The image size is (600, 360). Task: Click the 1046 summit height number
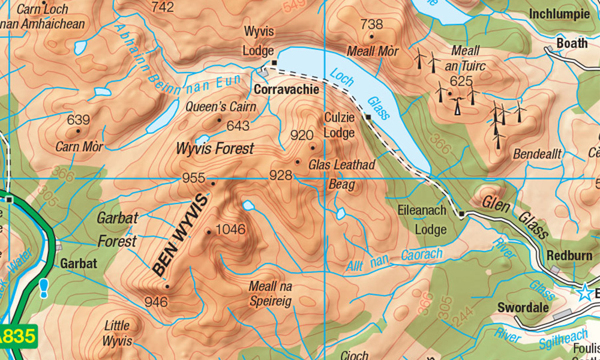pyautogui.click(x=230, y=229)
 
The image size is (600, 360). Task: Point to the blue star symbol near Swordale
pyautogui.click(x=584, y=292)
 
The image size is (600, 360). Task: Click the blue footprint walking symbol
pyautogui.click(x=44, y=288)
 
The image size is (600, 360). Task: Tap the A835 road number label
pyautogui.click(x=17, y=335)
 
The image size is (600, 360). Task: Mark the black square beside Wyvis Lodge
pyautogui.click(x=274, y=62)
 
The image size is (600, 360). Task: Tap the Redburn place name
pyautogui.click(x=569, y=256)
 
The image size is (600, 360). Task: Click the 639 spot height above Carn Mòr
pyautogui.click(x=79, y=119)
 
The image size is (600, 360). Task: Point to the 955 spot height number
pyautogui.click(x=194, y=178)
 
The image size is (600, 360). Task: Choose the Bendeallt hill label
pyautogui.click(x=537, y=154)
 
